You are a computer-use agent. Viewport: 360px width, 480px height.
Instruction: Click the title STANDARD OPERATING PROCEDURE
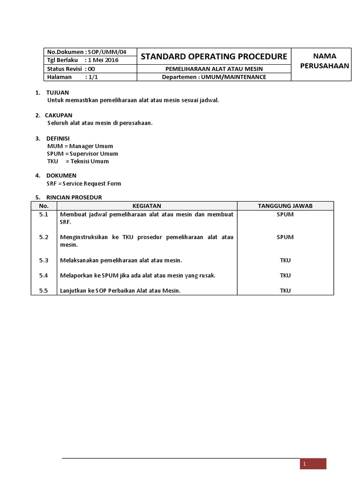tap(214, 57)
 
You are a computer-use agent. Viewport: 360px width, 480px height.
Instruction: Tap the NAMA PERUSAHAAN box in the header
tap(321, 61)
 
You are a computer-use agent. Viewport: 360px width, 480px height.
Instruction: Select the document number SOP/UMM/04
tap(110, 52)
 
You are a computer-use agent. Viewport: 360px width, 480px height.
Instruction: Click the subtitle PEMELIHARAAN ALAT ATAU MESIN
tap(214, 69)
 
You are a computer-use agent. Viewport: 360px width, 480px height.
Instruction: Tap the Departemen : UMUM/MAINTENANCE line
tap(214, 77)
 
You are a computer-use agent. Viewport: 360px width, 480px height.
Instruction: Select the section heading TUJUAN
tap(57, 92)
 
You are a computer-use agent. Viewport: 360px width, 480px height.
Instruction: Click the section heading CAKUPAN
tap(59, 115)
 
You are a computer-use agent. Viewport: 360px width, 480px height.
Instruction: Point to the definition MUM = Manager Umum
tap(80, 146)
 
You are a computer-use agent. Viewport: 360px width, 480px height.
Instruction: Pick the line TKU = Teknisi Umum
tap(78, 161)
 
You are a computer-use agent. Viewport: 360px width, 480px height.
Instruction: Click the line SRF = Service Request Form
tap(84, 184)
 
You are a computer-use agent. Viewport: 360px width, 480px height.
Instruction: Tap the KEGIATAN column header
tap(147, 206)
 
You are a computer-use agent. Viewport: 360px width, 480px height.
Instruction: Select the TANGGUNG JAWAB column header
tap(285, 206)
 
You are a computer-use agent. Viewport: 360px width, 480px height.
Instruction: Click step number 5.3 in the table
tap(44, 260)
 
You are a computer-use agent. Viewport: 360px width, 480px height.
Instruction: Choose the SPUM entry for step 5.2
tap(285, 237)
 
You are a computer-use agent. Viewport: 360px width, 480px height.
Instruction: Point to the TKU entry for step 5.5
tap(285, 291)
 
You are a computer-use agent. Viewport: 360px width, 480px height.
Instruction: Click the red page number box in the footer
tap(313, 464)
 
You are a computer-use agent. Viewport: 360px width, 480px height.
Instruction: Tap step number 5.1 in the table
tap(44, 214)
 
